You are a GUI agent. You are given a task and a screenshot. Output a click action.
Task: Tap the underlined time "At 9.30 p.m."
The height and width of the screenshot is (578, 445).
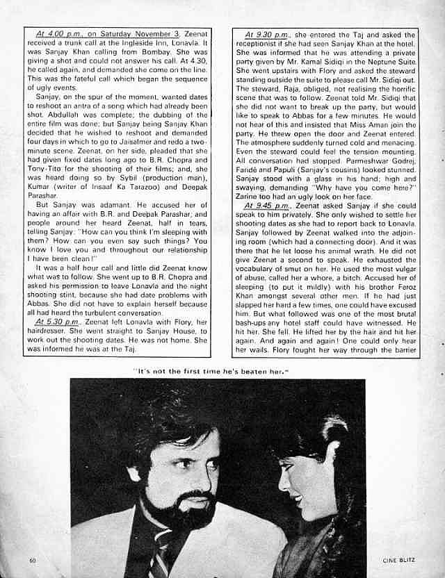pyautogui.click(x=268, y=33)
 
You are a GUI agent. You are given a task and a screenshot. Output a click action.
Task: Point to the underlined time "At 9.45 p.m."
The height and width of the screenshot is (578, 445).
pyautogui.click(x=268, y=206)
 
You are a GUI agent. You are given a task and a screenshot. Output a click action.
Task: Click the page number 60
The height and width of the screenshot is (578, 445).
pyautogui.click(x=33, y=559)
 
